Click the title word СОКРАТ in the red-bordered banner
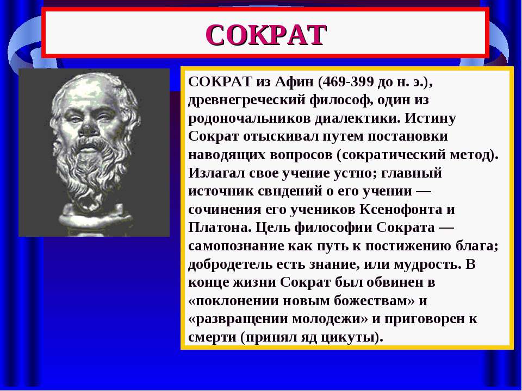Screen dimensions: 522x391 pos(266,35)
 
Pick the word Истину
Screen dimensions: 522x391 pos(430,119)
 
